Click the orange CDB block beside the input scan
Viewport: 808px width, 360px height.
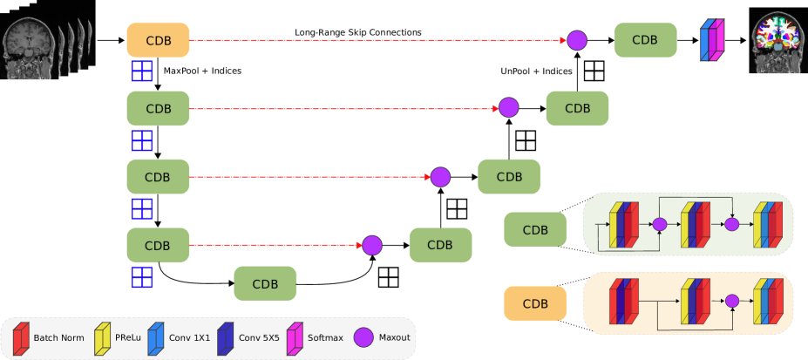coord(158,40)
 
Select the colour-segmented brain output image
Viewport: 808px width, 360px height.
coord(777,42)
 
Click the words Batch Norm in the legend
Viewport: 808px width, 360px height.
coord(58,337)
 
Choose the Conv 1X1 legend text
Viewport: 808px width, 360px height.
coord(190,337)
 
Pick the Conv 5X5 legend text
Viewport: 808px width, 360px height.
coord(260,337)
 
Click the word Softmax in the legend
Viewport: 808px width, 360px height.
coord(327,337)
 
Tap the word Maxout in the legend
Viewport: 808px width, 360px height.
coord(394,337)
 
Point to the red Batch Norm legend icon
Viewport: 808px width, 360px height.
coord(22,338)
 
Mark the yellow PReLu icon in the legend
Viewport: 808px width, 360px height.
coord(101,338)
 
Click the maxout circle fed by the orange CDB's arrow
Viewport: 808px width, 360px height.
coord(577,40)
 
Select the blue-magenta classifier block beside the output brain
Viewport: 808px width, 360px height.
coord(713,41)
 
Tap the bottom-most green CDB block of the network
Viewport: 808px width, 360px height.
coord(265,283)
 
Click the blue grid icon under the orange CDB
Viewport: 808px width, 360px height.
coord(142,71)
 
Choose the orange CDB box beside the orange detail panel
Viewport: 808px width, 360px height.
coord(535,303)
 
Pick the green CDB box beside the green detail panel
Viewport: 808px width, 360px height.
coord(535,229)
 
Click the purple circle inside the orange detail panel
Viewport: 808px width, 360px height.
coord(732,301)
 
